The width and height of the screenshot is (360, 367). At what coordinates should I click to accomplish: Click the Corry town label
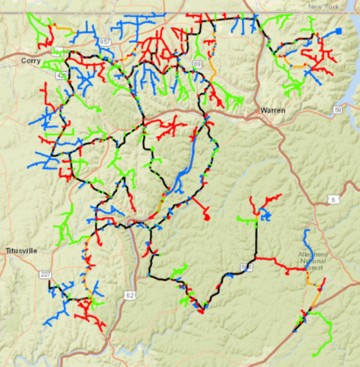(31, 60)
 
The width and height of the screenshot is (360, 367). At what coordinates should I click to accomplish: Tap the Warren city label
(273, 110)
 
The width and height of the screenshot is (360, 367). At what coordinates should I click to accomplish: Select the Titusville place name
(21, 251)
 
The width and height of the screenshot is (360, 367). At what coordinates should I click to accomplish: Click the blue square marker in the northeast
(338, 31)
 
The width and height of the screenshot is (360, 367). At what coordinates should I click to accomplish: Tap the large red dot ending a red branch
(207, 218)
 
